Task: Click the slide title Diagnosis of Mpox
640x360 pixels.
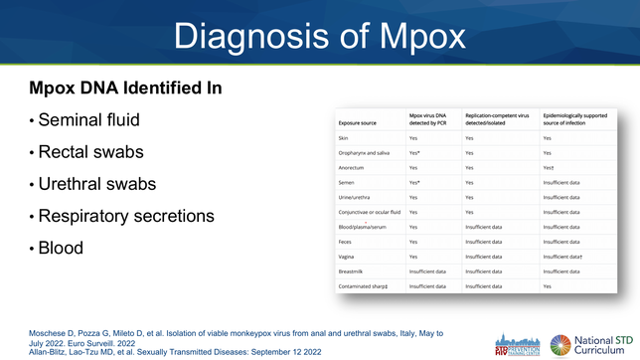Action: pyautogui.click(x=319, y=37)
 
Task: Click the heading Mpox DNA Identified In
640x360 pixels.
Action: pyautogui.click(x=125, y=89)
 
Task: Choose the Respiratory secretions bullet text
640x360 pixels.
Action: pyautogui.click(x=125, y=216)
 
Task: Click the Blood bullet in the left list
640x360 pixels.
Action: pyautogui.click(x=60, y=248)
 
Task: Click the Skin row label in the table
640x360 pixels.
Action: pyautogui.click(x=344, y=138)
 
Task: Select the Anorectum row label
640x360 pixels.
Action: pyautogui.click(x=351, y=168)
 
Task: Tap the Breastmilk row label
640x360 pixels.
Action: pyautogui.click(x=352, y=270)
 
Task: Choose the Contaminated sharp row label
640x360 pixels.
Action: pyautogui.click(x=364, y=285)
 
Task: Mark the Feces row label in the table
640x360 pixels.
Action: pyautogui.click(x=345, y=242)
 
